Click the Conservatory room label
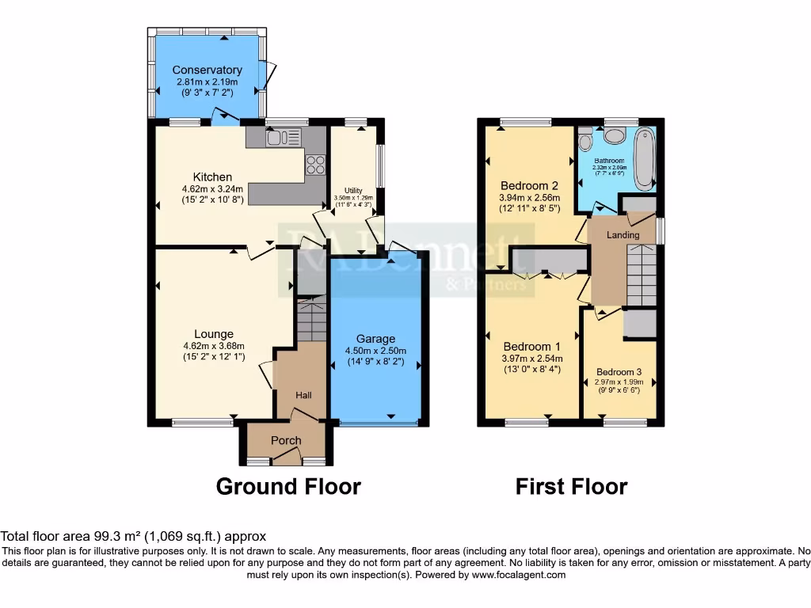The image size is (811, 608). click(x=208, y=70)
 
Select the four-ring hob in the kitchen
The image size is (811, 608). click(x=315, y=165)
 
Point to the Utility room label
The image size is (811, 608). click(x=353, y=191)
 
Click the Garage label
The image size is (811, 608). click(x=375, y=339)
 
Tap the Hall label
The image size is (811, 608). click(x=304, y=395)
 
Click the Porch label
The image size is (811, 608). click(x=286, y=441)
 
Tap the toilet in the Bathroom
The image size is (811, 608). click(x=586, y=139)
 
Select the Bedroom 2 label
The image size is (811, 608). click(x=529, y=186)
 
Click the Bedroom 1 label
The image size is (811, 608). click(x=532, y=347)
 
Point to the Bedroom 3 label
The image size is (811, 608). click(x=619, y=372)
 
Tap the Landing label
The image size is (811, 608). click(x=623, y=235)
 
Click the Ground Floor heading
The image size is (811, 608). click(x=288, y=486)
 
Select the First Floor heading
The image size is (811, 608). click(x=571, y=486)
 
